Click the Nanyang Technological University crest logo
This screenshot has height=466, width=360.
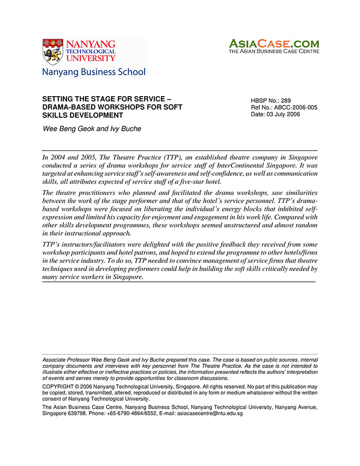click(52, 51)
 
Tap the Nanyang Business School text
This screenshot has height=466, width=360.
click(94, 72)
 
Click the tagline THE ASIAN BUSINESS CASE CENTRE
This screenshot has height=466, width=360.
click(274, 51)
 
